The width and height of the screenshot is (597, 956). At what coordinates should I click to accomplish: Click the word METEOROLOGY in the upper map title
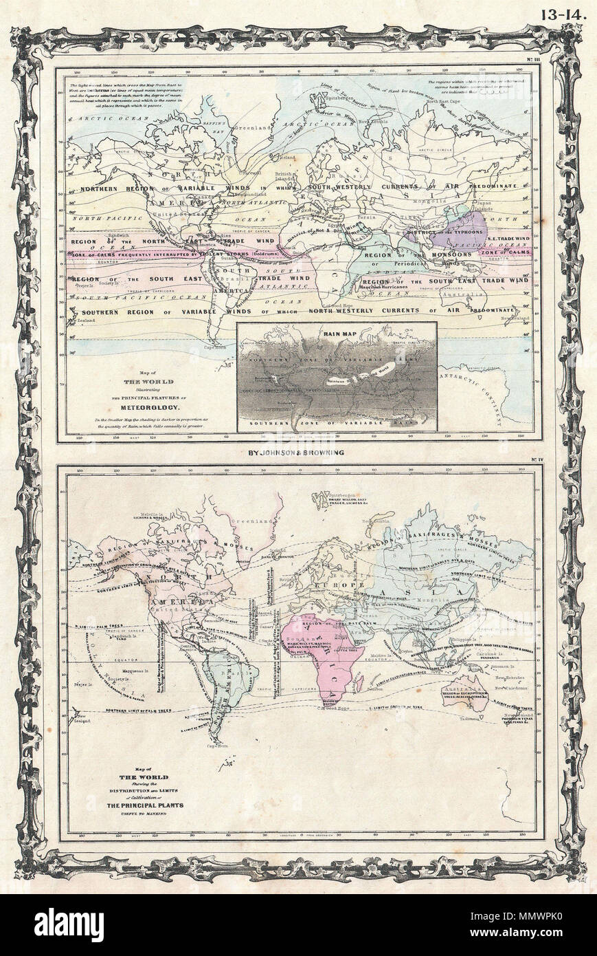(x=139, y=405)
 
